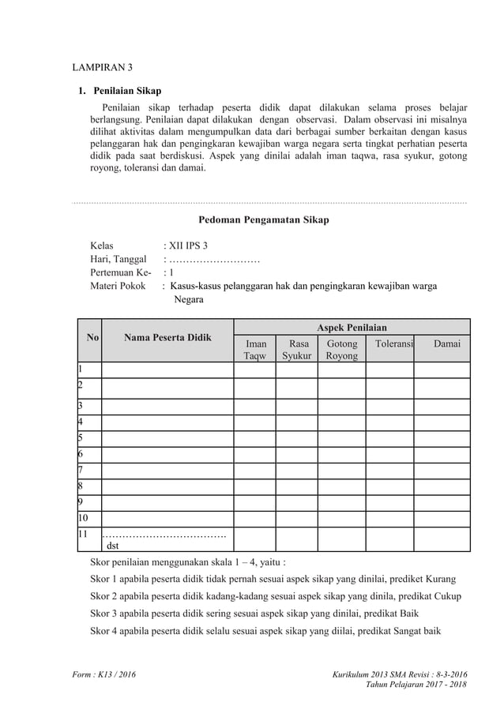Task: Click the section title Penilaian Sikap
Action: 126,91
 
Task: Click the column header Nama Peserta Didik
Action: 167,338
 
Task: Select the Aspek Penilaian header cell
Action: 352,327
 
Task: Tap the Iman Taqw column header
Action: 256,350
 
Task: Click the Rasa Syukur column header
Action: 298,350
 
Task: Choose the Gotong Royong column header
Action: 342,350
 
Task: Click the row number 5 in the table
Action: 80,437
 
